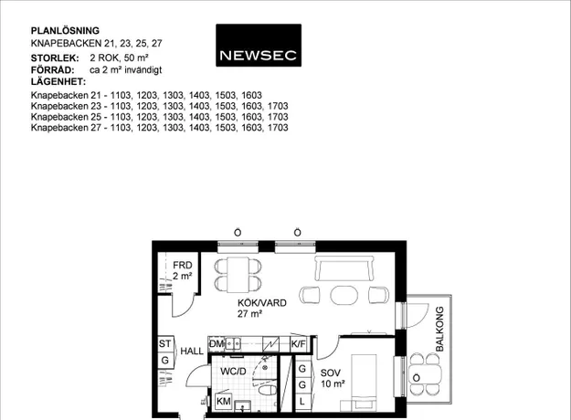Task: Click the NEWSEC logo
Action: pyautogui.click(x=259, y=45)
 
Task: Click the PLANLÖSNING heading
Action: pyautogui.click(x=65, y=30)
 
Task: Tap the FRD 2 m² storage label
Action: pyautogui.click(x=183, y=270)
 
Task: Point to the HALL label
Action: pyautogui.click(x=192, y=352)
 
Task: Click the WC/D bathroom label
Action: pyautogui.click(x=234, y=372)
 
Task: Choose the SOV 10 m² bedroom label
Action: pyautogui.click(x=333, y=378)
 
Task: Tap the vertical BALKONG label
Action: pyautogui.click(x=440, y=329)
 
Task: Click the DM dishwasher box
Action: pyautogui.click(x=217, y=343)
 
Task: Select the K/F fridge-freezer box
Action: pyautogui.click(x=298, y=344)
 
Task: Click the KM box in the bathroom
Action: pyautogui.click(x=224, y=401)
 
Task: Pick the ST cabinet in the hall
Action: pyautogui.click(x=165, y=343)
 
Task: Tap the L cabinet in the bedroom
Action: pyautogui.click(x=301, y=402)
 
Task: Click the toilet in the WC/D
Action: pyautogui.click(x=268, y=391)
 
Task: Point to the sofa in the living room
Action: pyautogui.click(x=344, y=268)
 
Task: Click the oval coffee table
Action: pyautogui.click(x=344, y=295)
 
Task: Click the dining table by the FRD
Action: pyautogui.click(x=238, y=275)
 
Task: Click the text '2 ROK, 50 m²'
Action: pyautogui.click(x=119, y=58)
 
